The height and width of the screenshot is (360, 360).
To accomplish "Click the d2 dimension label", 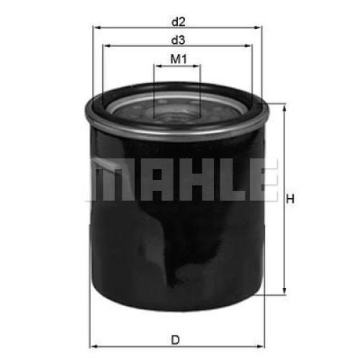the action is pos(179,22).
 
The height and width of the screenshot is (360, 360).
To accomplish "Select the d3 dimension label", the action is pos(179,40).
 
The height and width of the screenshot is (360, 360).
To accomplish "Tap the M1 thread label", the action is pos(179,59).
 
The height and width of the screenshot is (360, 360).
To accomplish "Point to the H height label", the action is pos(290,199).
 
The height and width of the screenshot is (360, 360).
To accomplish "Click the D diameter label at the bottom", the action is pos(176,340).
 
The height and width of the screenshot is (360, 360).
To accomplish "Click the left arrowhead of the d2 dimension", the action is pos(97,27).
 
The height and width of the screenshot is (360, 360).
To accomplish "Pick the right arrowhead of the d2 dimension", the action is pos(257,27).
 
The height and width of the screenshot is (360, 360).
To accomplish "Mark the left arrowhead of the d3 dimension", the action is pos(107,45).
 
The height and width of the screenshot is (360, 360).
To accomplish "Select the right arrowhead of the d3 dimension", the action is pos(248,45).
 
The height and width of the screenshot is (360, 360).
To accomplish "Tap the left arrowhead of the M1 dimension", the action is pos(158,66).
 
